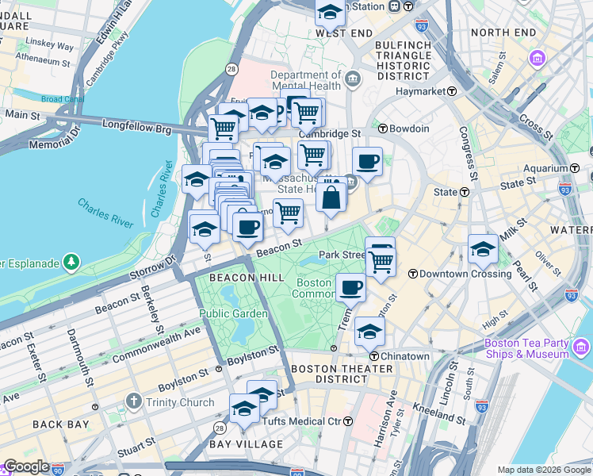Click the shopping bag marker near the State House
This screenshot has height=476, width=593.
[x=331, y=197]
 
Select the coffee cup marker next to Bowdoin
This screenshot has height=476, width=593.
[x=367, y=162]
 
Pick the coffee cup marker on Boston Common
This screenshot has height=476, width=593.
[x=350, y=289]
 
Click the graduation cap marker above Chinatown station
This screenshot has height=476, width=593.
[x=369, y=332]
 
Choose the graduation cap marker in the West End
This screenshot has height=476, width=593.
[x=330, y=13]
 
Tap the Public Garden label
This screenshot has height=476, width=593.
[x=228, y=313]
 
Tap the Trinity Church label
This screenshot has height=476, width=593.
[x=180, y=402]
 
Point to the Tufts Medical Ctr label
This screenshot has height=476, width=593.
[x=306, y=420]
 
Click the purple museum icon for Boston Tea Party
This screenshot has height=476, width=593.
[x=581, y=347]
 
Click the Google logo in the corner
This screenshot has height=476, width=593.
[x=26, y=466]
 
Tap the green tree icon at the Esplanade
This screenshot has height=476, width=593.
[x=71, y=261]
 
